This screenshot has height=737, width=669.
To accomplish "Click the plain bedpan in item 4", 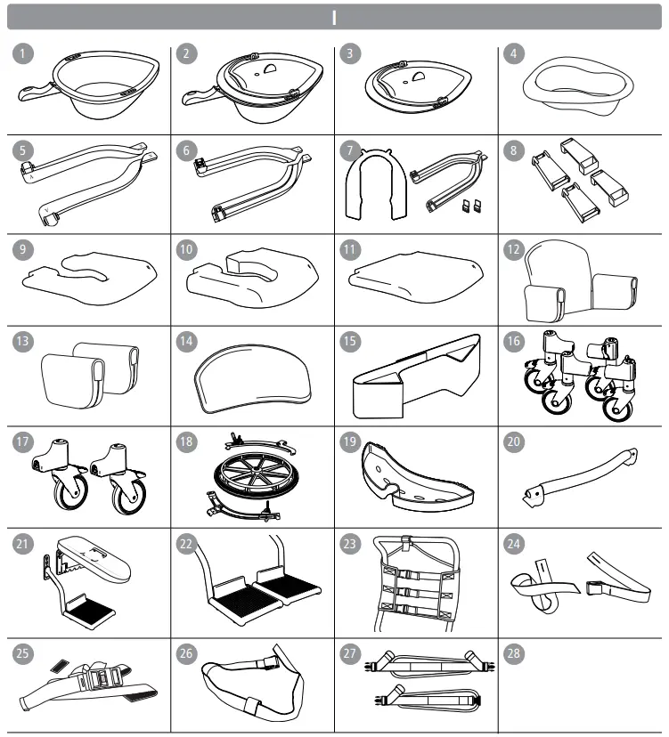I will tap(578, 85).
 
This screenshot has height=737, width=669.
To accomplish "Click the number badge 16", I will tap(514, 343).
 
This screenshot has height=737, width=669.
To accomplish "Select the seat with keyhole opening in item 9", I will tap(89, 276).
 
